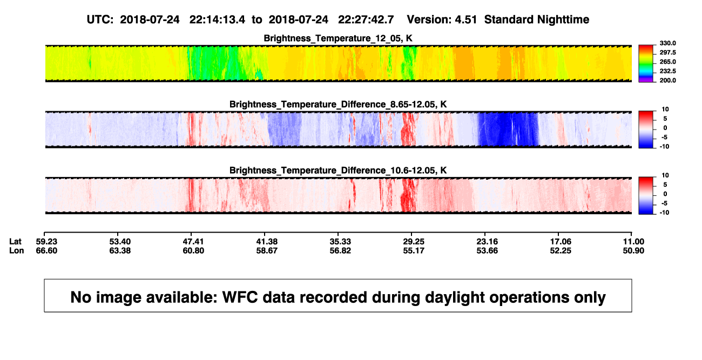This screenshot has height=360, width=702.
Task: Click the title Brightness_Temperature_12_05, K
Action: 338,38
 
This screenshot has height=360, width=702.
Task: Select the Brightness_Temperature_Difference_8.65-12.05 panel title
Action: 338,104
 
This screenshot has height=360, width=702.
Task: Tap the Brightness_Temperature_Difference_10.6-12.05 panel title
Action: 338,171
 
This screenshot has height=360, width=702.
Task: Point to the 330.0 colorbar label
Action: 667,43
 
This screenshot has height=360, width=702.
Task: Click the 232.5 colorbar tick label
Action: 667,71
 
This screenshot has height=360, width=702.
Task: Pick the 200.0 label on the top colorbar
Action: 667,80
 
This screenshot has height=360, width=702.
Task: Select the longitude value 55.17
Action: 414,250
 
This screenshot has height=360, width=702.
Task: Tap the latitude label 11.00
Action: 633,242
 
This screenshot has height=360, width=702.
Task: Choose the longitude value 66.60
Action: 46,250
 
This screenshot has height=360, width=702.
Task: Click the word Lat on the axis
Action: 15,242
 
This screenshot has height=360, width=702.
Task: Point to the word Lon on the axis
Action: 16,250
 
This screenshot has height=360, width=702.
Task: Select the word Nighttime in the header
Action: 563,20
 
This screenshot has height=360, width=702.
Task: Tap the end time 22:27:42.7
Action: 366,20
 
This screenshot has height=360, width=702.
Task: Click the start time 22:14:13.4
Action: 217,20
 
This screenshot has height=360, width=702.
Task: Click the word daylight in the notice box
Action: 454,298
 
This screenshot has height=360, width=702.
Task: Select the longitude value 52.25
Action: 561,250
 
